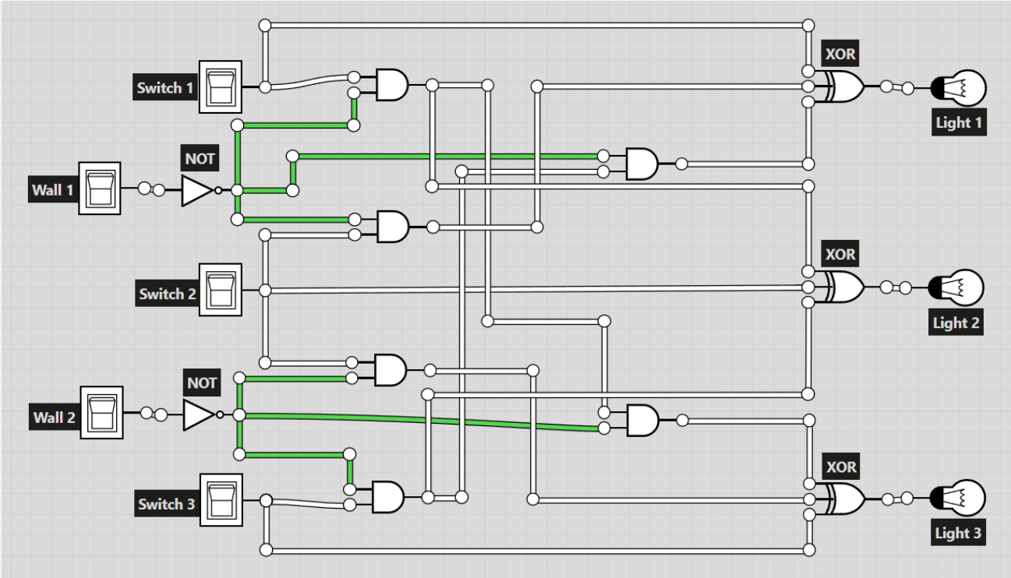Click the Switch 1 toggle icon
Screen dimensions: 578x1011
tap(221, 86)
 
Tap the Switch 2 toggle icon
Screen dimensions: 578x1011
tap(221, 289)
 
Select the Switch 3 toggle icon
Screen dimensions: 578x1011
tap(221, 499)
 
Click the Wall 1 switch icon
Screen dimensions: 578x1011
tap(100, 189)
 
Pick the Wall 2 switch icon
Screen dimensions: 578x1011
tap(102, 412)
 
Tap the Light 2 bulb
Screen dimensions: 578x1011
tap(960, 287)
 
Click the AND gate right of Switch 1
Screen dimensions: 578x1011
tap(391, 84)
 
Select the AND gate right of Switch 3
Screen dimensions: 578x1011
tap(388, 496)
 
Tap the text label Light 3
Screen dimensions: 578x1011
tap(958, 534)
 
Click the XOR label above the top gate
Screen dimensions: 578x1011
tap(840, 56)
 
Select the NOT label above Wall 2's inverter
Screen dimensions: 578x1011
tap(202, 383)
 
